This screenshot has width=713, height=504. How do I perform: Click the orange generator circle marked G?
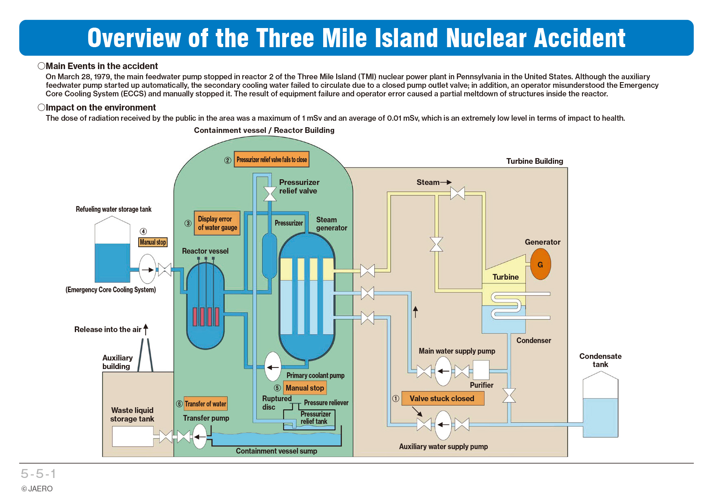click(540, 264)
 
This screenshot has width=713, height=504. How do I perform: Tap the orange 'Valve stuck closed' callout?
click(443, 398)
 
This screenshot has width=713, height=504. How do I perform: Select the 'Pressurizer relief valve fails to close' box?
click(272, 159)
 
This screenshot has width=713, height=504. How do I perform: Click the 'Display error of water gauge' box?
click(217, 223)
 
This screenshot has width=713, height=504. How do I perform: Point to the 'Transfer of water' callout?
click(205, 404)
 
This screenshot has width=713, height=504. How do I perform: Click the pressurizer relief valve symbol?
click(270, 194)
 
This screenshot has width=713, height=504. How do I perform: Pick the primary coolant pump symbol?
click(273, 367)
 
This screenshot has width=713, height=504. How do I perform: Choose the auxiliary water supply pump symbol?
click(443, 425)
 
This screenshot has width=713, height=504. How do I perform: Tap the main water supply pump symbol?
click(443, 371)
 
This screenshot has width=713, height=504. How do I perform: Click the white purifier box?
click(481, 370)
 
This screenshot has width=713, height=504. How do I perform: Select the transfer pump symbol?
click(200, 437)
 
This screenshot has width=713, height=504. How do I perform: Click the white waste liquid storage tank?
click(133, 436)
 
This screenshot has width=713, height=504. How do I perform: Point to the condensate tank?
click(600, 404)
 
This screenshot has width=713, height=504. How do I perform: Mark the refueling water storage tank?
click(112, 249)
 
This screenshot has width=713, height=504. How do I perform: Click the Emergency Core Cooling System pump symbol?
click(148, 269)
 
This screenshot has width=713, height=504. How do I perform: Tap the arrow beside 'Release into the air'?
click(146, 330)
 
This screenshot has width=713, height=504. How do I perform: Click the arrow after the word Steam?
click(446, 182)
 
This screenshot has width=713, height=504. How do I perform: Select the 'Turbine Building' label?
click(535, 161)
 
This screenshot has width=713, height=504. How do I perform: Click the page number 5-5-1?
click(38, 474)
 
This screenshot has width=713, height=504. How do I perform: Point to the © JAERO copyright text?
click(37, 489)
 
